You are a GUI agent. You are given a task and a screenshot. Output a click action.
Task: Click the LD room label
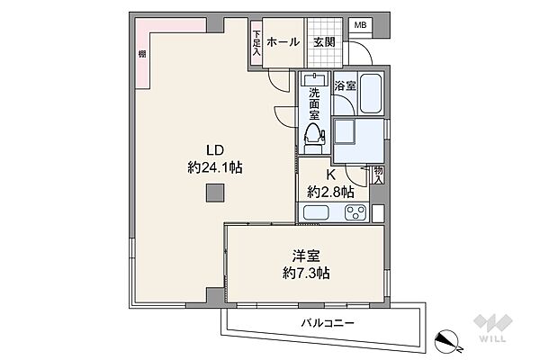(215, 150)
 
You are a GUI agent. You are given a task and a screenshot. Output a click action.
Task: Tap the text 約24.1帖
(215, 167)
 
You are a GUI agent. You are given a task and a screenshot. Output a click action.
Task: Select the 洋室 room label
(306, 256)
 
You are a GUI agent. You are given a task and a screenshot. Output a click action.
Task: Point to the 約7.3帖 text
(306, 274)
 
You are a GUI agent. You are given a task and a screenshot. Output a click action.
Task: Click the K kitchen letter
(331, 175)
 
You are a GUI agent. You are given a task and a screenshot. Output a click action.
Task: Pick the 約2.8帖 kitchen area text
(330, 192)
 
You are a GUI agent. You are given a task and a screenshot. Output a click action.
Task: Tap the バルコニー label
(328, 323)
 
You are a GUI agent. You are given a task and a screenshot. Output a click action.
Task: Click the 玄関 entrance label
(324, 42)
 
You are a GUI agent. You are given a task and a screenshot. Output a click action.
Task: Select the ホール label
(283, 42)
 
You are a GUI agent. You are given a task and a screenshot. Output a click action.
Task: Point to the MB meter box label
(361, 25)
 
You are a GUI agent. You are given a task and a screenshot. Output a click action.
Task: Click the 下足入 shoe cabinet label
(256, 43)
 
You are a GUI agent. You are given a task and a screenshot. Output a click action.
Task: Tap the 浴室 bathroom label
(345, 85)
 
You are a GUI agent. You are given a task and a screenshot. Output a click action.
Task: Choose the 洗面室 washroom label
(314, 103)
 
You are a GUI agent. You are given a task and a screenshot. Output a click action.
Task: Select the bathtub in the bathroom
(371, 94)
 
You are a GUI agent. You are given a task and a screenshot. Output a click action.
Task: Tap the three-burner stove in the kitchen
(355, 212)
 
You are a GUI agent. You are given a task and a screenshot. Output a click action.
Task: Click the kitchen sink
(316, 212)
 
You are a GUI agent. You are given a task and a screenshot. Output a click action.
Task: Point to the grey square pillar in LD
(215, 193)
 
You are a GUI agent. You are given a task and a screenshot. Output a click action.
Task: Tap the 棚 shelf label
(142, 54)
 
